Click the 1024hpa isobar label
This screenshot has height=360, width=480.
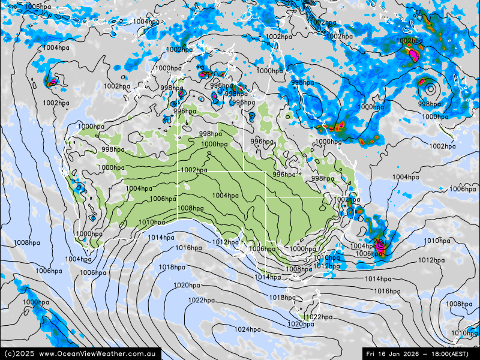click(247, 329)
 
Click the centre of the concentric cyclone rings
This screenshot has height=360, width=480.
click(430, 89)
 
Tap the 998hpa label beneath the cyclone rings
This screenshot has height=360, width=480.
click(430, 104)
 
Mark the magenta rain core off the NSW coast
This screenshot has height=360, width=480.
click(380, 245)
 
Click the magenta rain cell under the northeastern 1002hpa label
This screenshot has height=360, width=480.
click(414, 55)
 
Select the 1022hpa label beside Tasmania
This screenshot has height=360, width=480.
click(319, 317)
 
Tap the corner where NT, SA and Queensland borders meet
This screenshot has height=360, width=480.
click(244, 172)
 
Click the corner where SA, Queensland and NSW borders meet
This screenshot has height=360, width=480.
click(266, 197)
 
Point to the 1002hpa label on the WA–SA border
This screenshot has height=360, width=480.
click(194, 170)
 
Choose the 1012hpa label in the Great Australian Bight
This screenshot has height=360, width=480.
click(225, 242)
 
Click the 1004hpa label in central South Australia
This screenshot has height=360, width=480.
click(225, 196)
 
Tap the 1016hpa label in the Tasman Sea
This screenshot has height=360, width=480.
click(387, 291)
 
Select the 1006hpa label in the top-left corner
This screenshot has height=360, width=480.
click(38, 7)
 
